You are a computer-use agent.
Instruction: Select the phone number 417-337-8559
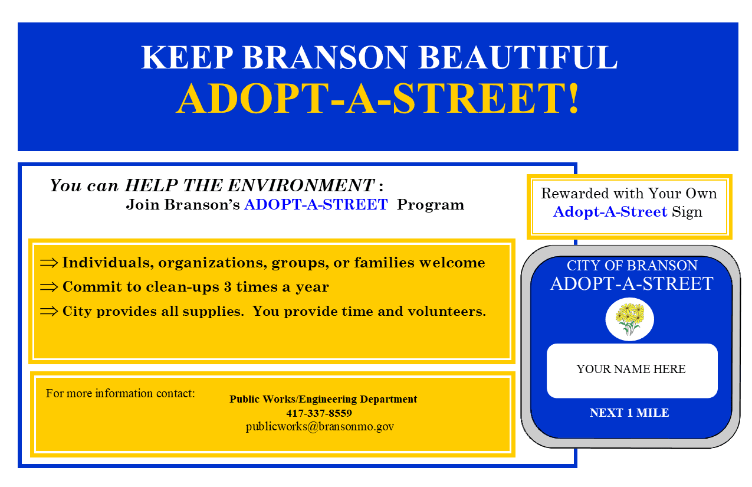[x=319, y=413]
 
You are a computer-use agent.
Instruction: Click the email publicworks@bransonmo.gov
[x=320, y=426]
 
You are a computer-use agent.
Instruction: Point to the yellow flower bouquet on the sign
[x=629, y=319]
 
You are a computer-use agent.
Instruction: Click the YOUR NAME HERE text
[x=631, y=370]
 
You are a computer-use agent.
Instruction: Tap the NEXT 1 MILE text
[x=629, y=413]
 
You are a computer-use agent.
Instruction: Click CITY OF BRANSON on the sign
[x=632, y=266]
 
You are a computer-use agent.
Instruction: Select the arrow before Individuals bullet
[x=49, y=263]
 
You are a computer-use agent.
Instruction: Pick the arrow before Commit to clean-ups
[x=49, y=287]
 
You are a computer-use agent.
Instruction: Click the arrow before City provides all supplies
[x=49, y=312]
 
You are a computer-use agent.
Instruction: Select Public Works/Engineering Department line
[x=323, y=400]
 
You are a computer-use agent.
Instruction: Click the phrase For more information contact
[x=120, y=393]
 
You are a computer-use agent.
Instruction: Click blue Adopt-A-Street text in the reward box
[x=610, y=212]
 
